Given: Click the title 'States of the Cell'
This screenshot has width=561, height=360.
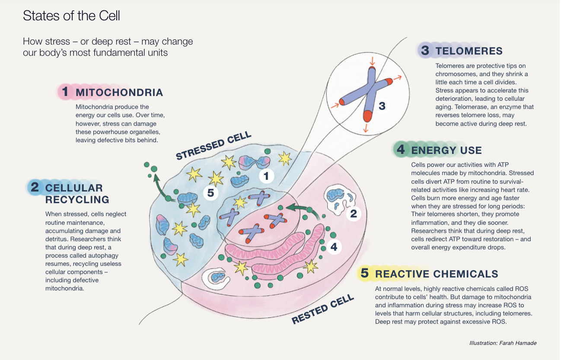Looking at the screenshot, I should [x=71, y=16].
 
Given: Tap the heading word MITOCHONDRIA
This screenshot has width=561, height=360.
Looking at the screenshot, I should [x=119, y=92].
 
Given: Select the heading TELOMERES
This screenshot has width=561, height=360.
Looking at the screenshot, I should [x=469, y=51].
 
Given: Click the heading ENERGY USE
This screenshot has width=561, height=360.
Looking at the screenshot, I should [x=446, y=150].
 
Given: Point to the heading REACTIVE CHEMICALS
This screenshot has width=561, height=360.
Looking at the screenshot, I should [x=437, y=274].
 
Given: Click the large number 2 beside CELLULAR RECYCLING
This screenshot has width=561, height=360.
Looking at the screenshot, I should [x=35, y=188].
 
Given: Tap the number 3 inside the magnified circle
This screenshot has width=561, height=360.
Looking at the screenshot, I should [x=382, y=105].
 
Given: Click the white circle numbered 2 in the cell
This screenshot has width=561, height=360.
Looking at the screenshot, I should [x=353, y=213].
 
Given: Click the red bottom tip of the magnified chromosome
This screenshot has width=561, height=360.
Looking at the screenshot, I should [x=368, y=116].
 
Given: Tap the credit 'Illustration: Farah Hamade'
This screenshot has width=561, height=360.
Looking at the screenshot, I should [x=503, y=343].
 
